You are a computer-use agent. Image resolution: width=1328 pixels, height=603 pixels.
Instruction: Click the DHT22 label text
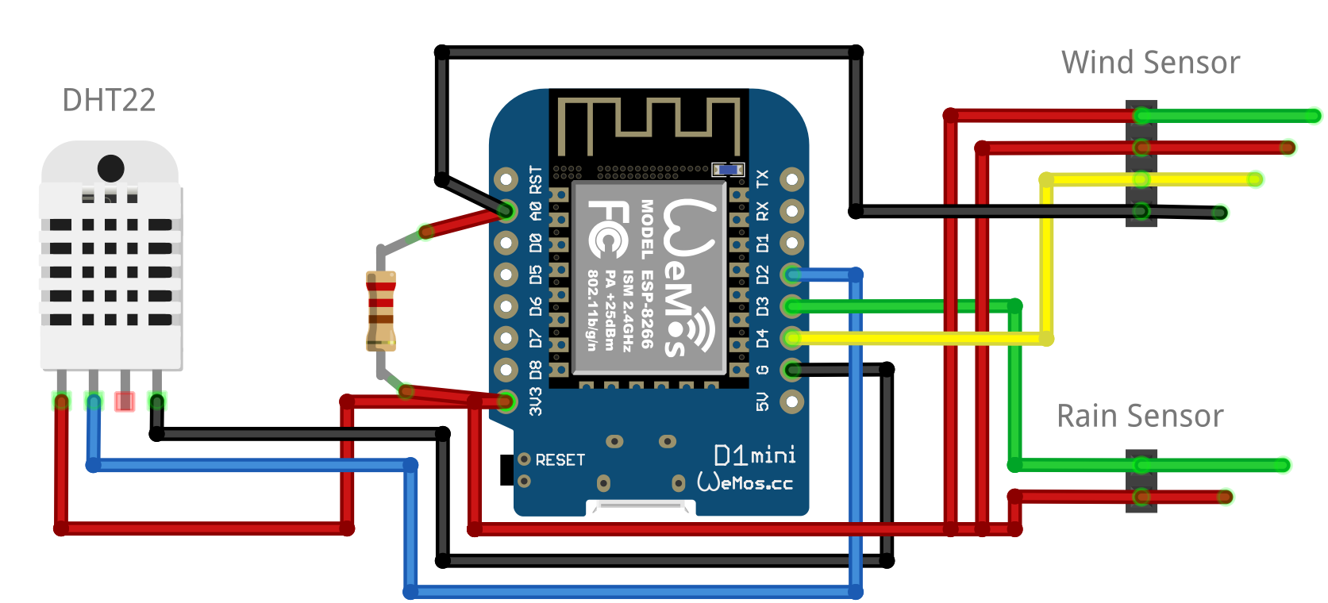(109, 101)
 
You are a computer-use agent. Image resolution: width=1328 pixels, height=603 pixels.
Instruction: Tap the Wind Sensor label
(1150, 63)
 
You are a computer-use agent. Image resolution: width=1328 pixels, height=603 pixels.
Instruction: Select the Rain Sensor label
(1140, 417)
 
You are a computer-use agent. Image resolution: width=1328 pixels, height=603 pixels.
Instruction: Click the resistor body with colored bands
(381, 311)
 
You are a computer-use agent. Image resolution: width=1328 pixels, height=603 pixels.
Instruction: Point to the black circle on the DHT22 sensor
(110, 168)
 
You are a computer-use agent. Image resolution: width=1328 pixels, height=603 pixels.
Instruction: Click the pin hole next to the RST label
(506, 179)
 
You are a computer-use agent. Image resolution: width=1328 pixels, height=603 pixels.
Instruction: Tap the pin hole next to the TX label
(791, 179)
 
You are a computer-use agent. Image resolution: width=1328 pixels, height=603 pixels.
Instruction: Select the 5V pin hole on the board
(791, 401)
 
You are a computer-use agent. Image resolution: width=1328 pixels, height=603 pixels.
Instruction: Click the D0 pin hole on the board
(506, 243)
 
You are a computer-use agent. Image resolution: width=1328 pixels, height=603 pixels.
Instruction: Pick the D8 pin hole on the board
(506, 370)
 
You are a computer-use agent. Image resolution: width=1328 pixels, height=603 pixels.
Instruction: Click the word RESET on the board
(560, 460)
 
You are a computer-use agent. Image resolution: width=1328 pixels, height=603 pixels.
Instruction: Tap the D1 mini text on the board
(754, 455)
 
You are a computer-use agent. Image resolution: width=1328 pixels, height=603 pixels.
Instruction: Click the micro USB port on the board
(641, 507)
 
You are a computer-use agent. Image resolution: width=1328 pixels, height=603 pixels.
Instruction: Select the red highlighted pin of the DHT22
(125, 401)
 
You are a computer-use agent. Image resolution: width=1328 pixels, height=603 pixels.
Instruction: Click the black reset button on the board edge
(506, 470)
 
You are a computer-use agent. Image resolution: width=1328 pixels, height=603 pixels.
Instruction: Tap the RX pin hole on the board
(791, 211)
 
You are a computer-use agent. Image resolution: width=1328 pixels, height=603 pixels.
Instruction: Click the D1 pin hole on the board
(791, 243)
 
